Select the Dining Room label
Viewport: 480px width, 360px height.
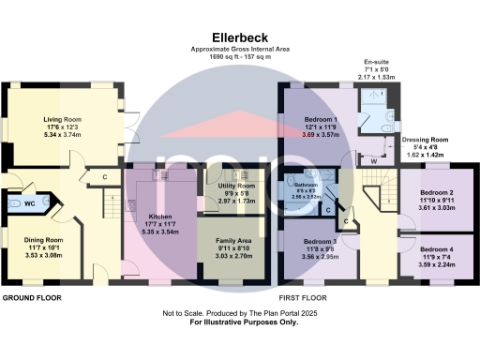pos(41,240)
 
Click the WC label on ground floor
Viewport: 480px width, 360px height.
pos(28,203)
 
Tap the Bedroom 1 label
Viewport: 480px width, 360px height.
pos(321,120)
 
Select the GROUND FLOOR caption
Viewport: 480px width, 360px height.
pos(31,297)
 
